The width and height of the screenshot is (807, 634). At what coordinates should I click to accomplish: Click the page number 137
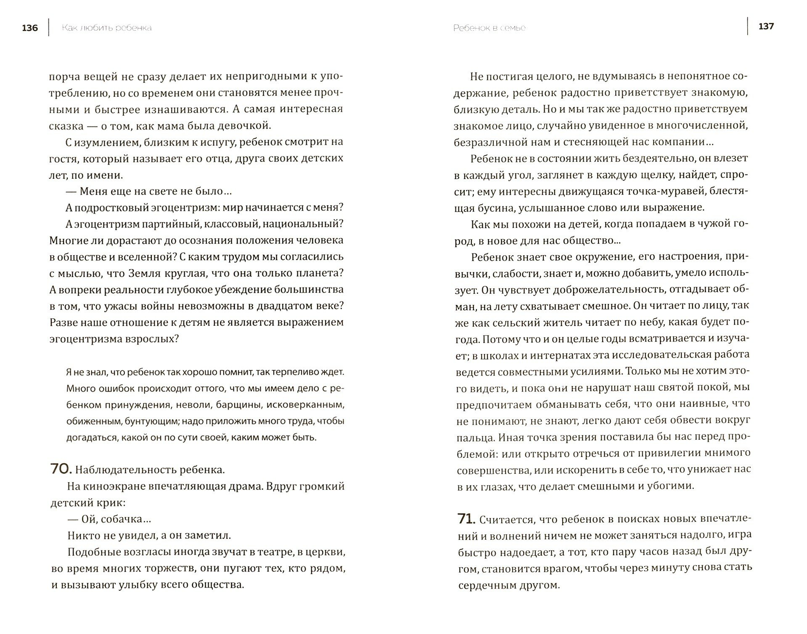[x=766, y=26]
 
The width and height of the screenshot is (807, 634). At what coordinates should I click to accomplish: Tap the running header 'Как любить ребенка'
[x=106, y=28]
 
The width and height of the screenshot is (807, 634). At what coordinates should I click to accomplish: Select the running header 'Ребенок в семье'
[x=489, y=28]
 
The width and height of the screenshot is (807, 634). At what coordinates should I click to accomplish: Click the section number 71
[x=466, y=519]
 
